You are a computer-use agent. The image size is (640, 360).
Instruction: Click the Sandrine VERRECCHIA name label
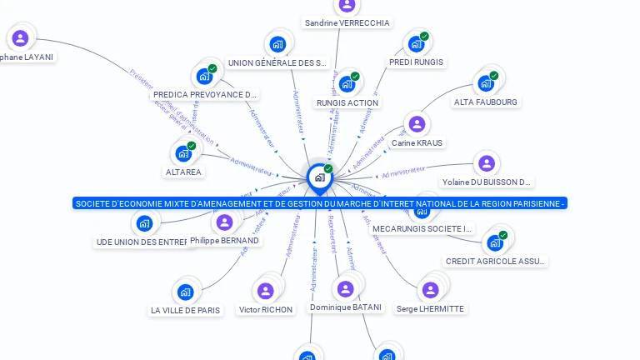(347, 23)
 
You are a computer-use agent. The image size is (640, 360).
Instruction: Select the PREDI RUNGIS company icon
(416, 43)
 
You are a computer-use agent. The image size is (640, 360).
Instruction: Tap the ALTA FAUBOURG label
(485, 102)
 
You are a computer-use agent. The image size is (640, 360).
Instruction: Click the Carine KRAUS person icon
(417, 124)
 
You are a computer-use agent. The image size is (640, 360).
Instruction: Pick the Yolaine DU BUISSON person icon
(487, 163)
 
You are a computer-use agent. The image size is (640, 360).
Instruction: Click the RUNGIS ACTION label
(347, 103)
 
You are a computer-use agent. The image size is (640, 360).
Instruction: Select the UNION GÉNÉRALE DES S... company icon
(277, 44)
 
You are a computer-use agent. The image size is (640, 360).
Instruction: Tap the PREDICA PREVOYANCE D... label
(205, 95)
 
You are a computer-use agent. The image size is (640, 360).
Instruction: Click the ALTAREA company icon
(182, 154)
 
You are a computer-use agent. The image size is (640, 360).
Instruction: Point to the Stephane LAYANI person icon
(20, 37)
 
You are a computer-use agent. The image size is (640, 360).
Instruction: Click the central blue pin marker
(318, 177)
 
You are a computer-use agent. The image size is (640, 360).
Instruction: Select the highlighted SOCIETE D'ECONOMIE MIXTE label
(320, 203)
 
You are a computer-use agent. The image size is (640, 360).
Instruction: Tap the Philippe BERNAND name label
(224, 241)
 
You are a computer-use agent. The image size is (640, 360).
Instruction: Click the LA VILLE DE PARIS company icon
(185, 292)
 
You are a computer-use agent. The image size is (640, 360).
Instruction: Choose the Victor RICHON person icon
(266, 291)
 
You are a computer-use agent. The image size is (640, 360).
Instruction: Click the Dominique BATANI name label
(345, 307)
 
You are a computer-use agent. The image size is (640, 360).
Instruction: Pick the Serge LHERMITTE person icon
(430, 290)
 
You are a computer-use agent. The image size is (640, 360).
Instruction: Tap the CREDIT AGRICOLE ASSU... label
(496, 262)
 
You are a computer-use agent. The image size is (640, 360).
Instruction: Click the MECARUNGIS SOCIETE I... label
(422, 228)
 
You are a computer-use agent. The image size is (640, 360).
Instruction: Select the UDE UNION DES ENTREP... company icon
(144, 223)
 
